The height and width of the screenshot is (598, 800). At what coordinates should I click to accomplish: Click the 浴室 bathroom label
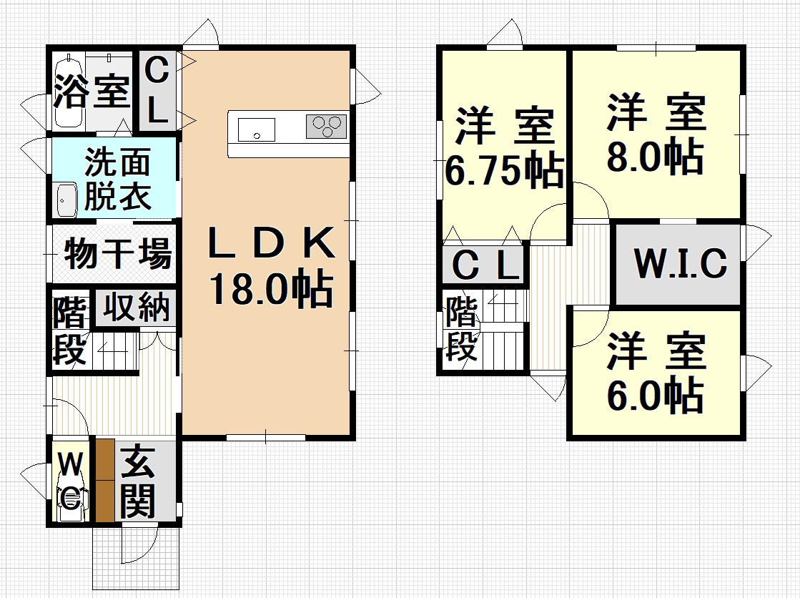click(x=92, y=91)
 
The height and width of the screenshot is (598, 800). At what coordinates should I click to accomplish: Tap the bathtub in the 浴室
click(x=69, y=91)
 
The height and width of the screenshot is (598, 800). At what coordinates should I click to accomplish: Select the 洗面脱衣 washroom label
click(x=117, y=178)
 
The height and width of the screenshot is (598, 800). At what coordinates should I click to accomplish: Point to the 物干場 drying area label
click(x=118, y=253)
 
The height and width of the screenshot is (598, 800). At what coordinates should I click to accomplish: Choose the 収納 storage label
click(x=137, y=307)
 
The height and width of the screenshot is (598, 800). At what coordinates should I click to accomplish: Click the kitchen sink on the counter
click(x=256, y=129)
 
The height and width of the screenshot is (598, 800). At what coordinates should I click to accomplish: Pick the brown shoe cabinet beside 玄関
click(x=104, y=480)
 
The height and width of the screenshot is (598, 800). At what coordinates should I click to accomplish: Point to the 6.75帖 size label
click(x=505, y=170)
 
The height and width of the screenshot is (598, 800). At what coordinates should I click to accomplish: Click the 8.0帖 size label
click(x=656, y=156)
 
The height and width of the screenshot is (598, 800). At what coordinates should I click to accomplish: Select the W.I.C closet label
click(x=680, y=263)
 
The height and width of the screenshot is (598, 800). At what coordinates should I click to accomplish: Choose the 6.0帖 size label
click(x=656, y=393)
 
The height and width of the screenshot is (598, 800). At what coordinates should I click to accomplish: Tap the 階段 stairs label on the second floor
click(x=463, y=328)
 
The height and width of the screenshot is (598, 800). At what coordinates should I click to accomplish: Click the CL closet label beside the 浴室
click(x=157, y=91)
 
